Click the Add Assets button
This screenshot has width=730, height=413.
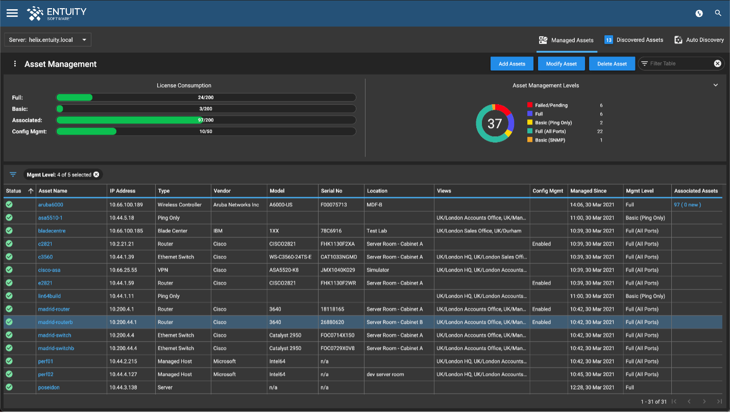coord(512,64)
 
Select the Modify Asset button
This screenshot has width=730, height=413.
coord(561,64)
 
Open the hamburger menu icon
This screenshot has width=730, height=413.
coord(12,13)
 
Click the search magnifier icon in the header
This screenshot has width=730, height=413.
coord(718,13)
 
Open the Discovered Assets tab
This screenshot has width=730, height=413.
coord(634,40)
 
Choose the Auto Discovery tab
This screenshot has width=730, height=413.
coord(699,40)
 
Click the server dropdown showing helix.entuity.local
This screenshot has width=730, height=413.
coord(48,40)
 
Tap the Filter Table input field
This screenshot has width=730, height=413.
coord(678,64)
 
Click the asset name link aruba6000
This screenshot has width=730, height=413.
coord(51,205)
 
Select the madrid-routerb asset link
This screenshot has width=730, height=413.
coord(55,322)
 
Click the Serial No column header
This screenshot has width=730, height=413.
coord(332,191)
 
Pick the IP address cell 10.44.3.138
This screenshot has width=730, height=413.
coord(123,387)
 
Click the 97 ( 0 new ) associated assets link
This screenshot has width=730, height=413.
coord(687,205)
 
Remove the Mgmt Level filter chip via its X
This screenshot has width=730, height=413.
coord(96,175)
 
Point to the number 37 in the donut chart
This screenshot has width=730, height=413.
coord(495,124)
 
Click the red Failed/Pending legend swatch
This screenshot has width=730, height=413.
coord(530,105)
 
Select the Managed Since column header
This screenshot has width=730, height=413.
coord(589,191)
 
